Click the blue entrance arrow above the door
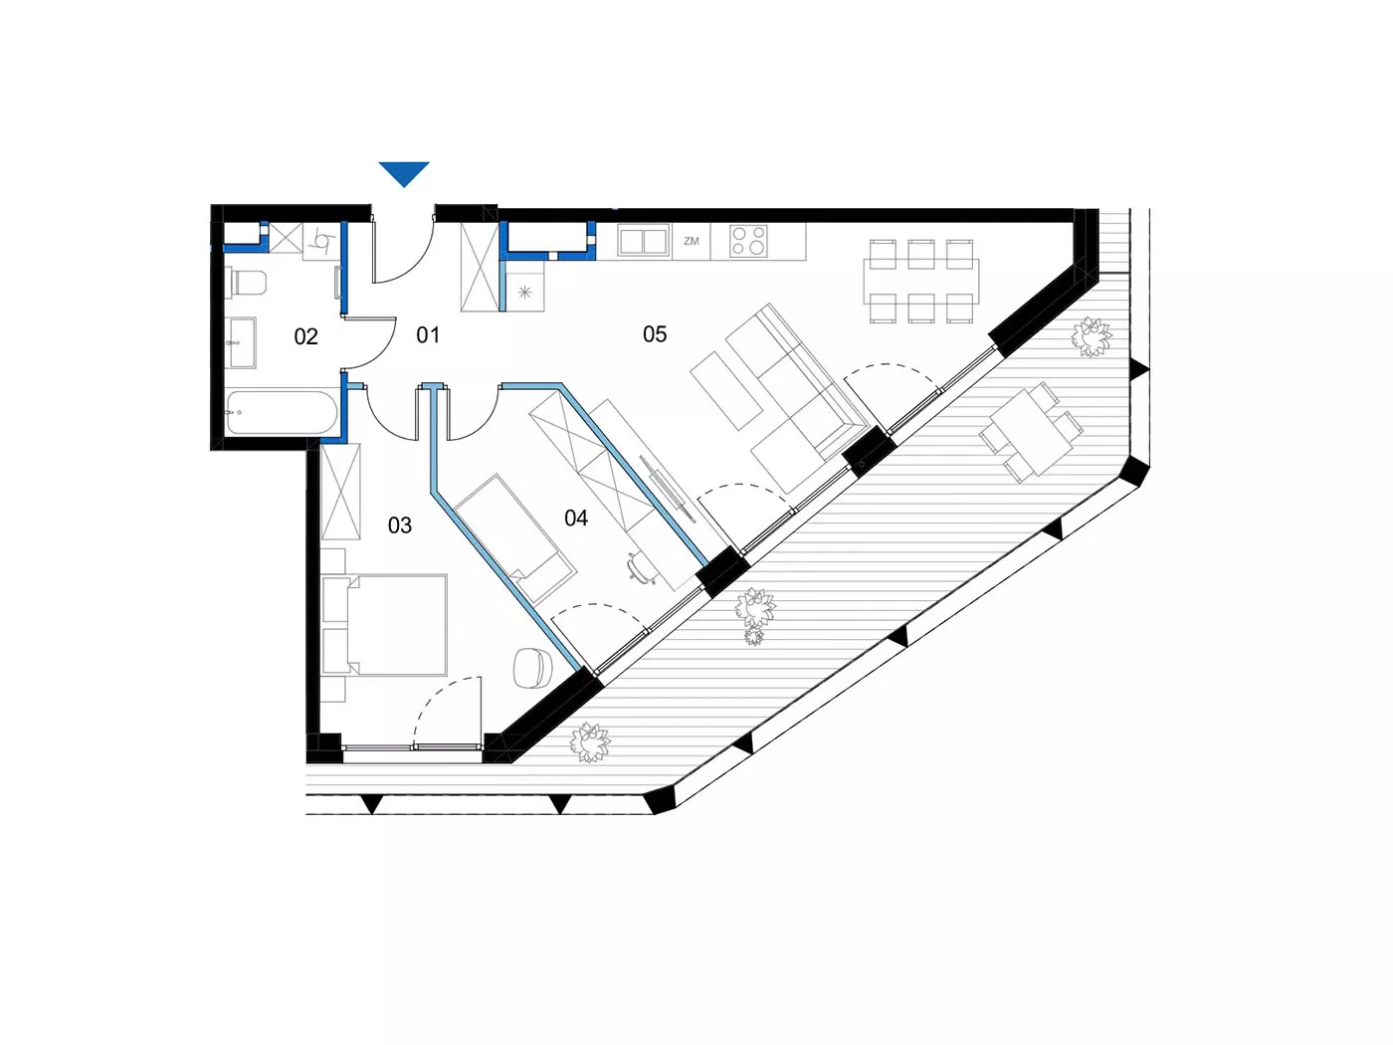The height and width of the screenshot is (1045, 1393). pos(404,173)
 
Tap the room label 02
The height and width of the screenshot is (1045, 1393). pos(305,336)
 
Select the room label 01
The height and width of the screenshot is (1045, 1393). pos(428,334)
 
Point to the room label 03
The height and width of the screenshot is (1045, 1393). pos(400,524)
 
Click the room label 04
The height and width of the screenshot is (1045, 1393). pos(575,518)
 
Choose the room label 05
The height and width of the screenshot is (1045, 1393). pos(655,333)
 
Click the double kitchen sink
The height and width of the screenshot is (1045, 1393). pos(644,241)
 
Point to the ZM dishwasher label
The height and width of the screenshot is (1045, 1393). pos(692,241)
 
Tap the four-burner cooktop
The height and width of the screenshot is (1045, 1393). pos(747,241)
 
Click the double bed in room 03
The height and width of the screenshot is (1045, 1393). pos(385,625)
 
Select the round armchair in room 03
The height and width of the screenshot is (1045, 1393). pos(531,668)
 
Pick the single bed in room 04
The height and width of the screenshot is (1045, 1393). pos(515,538)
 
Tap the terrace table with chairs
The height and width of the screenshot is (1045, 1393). pos(1031,432)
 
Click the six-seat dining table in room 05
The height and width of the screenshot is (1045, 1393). pos(920,281)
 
